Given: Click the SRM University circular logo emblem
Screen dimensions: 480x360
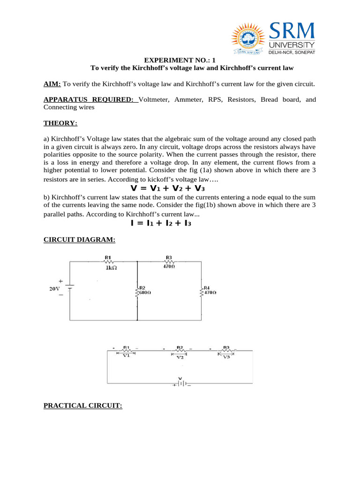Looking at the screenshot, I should coord(247,37).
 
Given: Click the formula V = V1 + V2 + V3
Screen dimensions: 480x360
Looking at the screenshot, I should coord(167,188).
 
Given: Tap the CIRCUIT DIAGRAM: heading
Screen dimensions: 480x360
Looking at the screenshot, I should coord(75,240).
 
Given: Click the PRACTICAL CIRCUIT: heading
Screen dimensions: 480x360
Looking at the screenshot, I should coord(82,405).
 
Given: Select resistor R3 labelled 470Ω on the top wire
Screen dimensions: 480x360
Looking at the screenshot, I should coord(169,262).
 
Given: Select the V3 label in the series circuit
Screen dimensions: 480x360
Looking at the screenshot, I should coord(226,357).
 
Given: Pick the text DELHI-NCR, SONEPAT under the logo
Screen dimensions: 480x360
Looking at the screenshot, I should coord(292,52).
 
